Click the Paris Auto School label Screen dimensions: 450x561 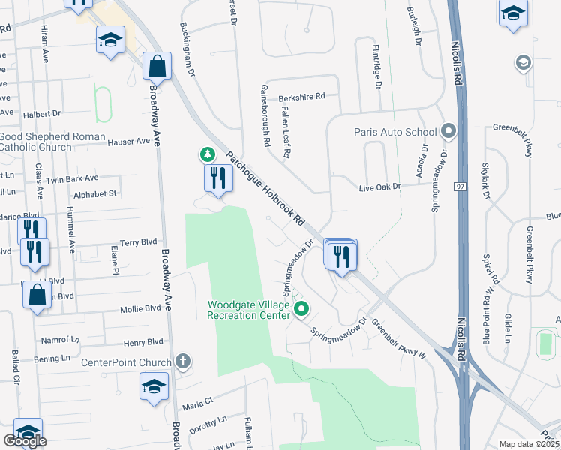click(395, 133)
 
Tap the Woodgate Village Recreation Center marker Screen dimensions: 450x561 click(302, 308)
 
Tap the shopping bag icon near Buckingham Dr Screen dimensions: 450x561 click(158, 67)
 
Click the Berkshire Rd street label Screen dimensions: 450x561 click(299, 97)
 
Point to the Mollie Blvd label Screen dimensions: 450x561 click(140, 308)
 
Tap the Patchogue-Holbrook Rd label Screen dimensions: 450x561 click(265, 190)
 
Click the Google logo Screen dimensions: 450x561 click(25, 441)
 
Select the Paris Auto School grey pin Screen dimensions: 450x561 click(448, 132)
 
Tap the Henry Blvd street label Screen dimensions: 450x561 click(143, 343)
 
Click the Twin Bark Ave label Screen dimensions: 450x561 click(72, 178)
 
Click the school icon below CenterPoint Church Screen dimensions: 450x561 click(154, 387)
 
